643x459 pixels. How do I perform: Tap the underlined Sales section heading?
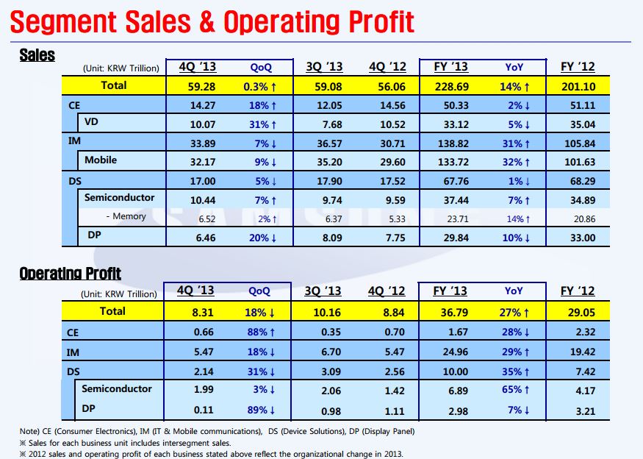coord(37,55)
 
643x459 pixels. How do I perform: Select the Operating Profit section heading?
coord(70,274)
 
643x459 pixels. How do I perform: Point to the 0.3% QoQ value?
coord(261,86)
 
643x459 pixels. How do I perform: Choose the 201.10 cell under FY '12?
coord(578,86)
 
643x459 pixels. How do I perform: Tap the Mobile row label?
coord(101,160)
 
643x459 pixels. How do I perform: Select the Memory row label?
coord(126,216)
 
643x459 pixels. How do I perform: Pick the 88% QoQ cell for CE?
coord(261,332)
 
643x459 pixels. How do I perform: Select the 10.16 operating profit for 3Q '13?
coord(323,312)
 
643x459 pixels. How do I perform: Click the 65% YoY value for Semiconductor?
coord(514,390)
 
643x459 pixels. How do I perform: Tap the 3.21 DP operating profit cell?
coord(578,409)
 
